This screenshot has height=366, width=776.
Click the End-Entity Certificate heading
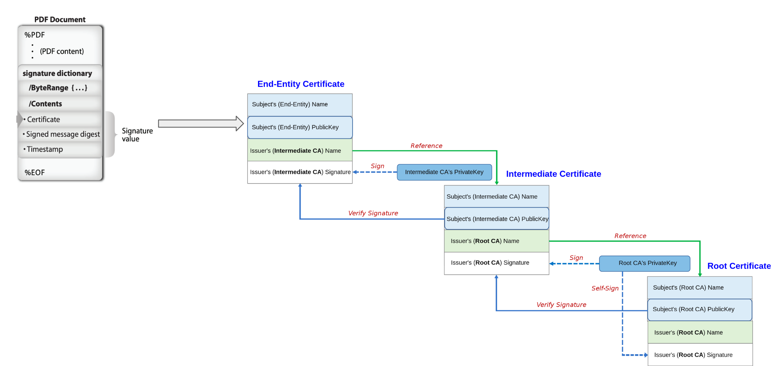[301, 84]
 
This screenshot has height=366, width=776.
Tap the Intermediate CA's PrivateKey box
[444, 172]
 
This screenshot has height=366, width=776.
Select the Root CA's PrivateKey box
[644, 263]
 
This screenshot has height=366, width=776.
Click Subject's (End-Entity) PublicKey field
[300, 127]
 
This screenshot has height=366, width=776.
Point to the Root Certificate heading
[739, 266]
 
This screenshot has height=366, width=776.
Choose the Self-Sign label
[604, 288]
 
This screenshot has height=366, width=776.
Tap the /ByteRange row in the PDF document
[58, 88]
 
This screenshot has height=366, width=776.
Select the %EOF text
[35, 173]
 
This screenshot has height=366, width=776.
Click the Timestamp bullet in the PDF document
[45, 149]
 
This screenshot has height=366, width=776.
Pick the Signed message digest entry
[62, 134]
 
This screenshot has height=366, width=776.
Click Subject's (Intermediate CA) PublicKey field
[497, 219]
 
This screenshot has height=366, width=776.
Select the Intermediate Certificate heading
[553, 174]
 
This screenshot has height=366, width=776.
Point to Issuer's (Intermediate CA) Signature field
[300, 172]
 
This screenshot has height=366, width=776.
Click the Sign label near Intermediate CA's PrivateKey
[377, 166]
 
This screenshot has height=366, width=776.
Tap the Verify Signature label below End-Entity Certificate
[373, 213]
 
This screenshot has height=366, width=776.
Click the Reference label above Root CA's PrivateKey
[630, 236]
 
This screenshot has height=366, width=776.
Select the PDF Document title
[60, 19]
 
